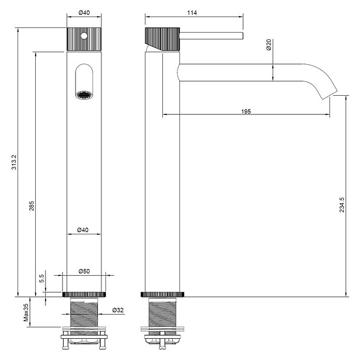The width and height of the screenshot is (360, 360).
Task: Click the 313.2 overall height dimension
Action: point(14,162)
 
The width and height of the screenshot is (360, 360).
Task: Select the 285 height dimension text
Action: point(32,206)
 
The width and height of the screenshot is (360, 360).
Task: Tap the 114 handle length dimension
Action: point(192,12)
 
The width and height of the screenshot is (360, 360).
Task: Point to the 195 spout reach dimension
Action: point(246,112)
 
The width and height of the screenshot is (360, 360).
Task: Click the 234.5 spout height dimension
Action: point(342,204)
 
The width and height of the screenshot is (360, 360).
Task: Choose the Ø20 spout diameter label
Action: point(268,45)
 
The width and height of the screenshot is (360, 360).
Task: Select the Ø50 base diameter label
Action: point(84,271)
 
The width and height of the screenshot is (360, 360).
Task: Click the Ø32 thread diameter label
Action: point(118,310)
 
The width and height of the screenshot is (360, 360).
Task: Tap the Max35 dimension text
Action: point(26,312)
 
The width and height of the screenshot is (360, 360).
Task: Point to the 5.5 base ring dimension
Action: point(41,278)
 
